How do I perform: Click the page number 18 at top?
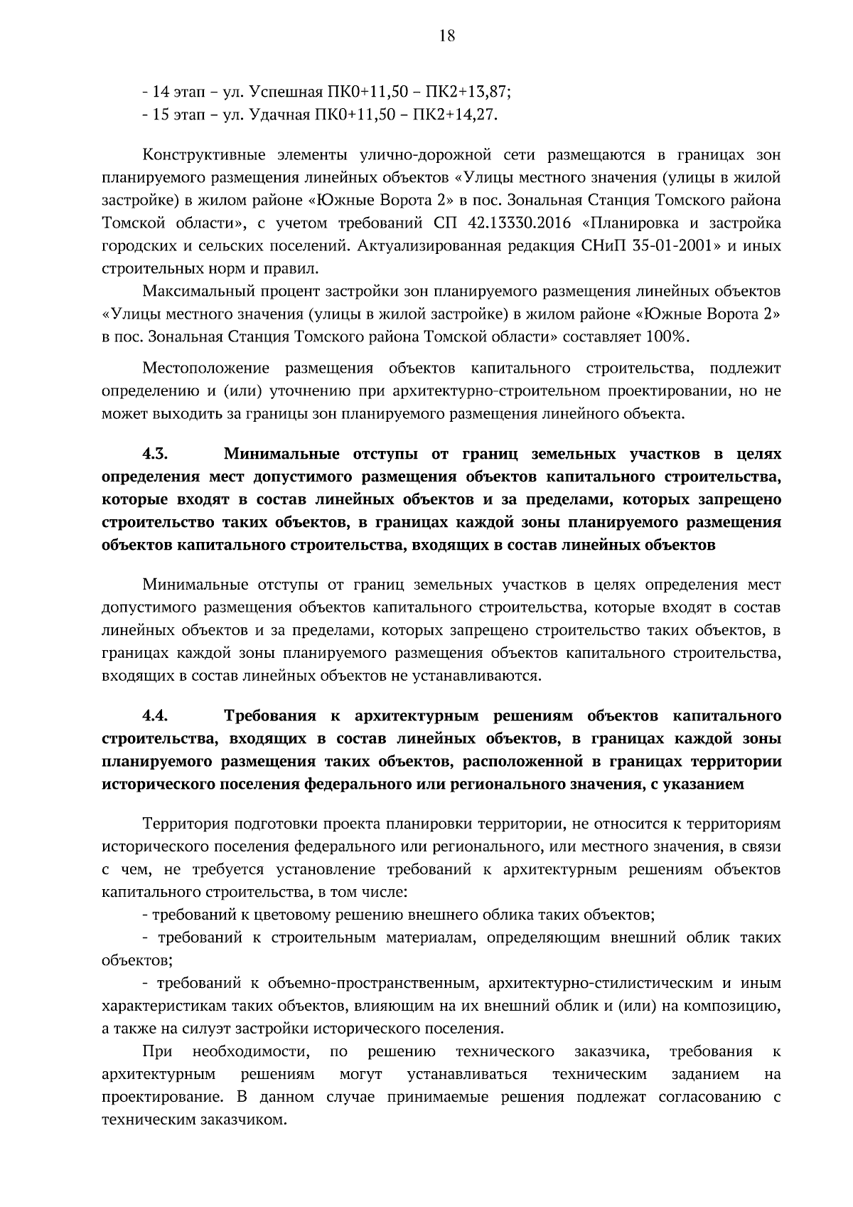click(446, 36)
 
